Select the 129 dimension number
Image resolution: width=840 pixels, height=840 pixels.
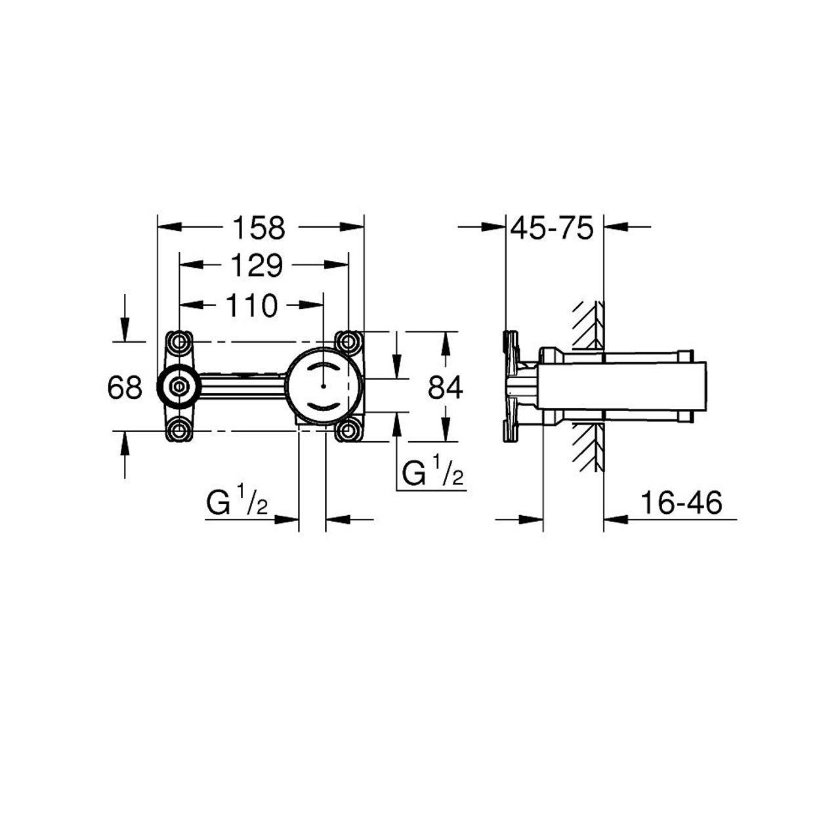point(255,265)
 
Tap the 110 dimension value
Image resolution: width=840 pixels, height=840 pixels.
point(251,305)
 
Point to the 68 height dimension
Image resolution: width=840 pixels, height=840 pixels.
point(125,388)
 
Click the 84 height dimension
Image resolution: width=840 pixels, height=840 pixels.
point(446,388)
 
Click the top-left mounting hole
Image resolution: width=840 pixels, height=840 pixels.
point(179,342)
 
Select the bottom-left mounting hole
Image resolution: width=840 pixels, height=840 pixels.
point(179,431)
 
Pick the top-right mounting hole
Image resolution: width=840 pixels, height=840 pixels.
point(348,342)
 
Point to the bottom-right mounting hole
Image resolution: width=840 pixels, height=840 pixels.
point(348,431)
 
